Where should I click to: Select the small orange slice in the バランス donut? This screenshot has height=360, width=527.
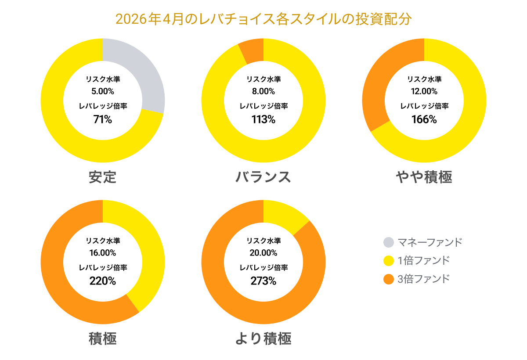[253, 51]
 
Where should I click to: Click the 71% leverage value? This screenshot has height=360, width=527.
[103, 119]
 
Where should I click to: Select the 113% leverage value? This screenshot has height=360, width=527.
[263, 119]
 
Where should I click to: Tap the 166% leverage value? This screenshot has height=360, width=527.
[424, 119]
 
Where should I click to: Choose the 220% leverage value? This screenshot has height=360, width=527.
[103, 281]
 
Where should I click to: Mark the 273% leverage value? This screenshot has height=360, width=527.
[263, 281]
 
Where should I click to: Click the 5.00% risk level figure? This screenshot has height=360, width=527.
[103, 91]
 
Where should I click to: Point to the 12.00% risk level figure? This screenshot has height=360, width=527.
[424, 91]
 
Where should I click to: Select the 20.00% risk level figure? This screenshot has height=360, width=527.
[263, 253]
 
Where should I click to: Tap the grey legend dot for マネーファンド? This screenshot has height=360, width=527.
[389, 242]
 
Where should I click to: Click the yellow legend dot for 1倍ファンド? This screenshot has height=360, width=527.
[389, 261]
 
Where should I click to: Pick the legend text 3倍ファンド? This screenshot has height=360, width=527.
[423, 279]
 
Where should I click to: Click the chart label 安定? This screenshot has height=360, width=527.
[103, 177]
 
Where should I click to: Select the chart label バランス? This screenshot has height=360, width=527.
[263, 177]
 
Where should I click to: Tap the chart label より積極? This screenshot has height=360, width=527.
[263, 338]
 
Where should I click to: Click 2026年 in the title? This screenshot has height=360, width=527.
[138, 19]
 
